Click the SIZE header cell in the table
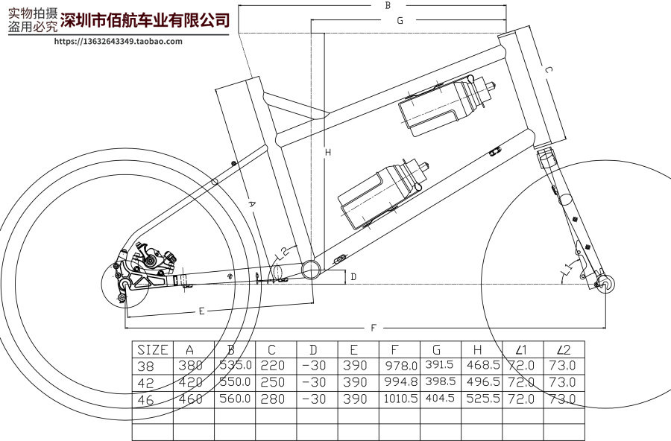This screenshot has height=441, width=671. point(152,349)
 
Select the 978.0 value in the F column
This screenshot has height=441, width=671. point(399,366)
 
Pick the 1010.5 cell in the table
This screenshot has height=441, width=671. point(399,399)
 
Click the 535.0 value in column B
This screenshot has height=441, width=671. point(234,366)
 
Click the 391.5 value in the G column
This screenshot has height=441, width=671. point(440,366)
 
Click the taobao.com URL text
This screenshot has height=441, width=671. point(119,41)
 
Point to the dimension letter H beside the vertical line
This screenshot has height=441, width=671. point(327,153)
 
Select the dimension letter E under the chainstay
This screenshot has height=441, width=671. point(201,311)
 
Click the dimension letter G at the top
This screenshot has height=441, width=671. point(400,21)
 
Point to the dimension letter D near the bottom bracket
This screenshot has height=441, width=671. point(353,277)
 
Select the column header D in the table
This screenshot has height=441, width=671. point(313,349)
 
